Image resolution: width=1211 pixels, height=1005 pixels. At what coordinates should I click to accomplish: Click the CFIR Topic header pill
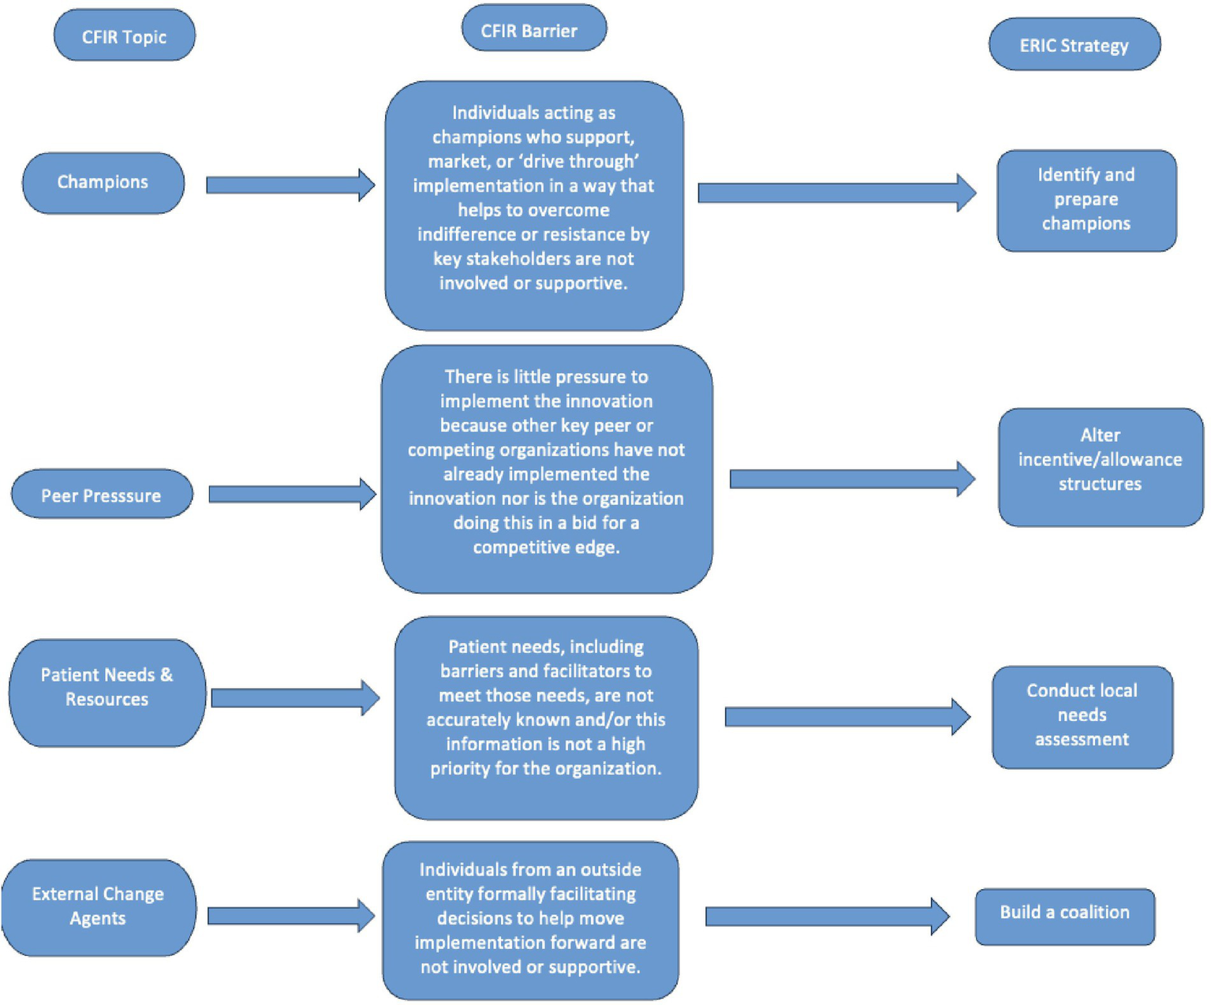tap(125, 35)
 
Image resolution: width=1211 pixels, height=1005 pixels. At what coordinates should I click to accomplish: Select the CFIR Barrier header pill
tap(533, 29)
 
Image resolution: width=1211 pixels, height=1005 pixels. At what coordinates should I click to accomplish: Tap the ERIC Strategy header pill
tap(1074, 45)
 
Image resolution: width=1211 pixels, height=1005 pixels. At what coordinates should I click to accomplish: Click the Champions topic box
tap(103, 182)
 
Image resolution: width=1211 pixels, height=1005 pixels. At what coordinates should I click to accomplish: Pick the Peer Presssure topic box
tap(102, 495)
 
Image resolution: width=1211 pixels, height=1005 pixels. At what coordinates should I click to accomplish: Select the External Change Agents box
tap(99, 906)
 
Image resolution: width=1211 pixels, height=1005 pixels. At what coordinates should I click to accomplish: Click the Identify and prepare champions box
tap(1086, 200)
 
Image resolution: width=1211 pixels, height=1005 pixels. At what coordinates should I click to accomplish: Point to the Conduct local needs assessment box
tap(1082, 715)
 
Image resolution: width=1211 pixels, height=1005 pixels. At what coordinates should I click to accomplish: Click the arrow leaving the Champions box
tap(290, 185)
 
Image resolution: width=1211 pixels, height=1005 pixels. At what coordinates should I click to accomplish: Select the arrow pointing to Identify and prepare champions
tap(836, 192)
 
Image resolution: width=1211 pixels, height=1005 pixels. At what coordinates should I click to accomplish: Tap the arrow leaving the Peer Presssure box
tap(291, 494)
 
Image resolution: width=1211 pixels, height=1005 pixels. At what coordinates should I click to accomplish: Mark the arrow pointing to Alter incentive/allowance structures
tap(851, 479)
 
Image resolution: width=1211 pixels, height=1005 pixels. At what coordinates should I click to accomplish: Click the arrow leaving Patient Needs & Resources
tap(294, 697)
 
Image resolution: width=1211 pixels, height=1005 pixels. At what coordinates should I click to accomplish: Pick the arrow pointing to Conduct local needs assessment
tap(847, 716)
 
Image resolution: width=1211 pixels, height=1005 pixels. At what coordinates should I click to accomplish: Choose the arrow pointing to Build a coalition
tap(826, 916)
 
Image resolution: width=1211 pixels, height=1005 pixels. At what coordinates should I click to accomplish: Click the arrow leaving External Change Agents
tap(290, 916)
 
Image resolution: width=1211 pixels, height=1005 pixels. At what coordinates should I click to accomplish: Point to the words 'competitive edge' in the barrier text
tap(546, 547)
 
